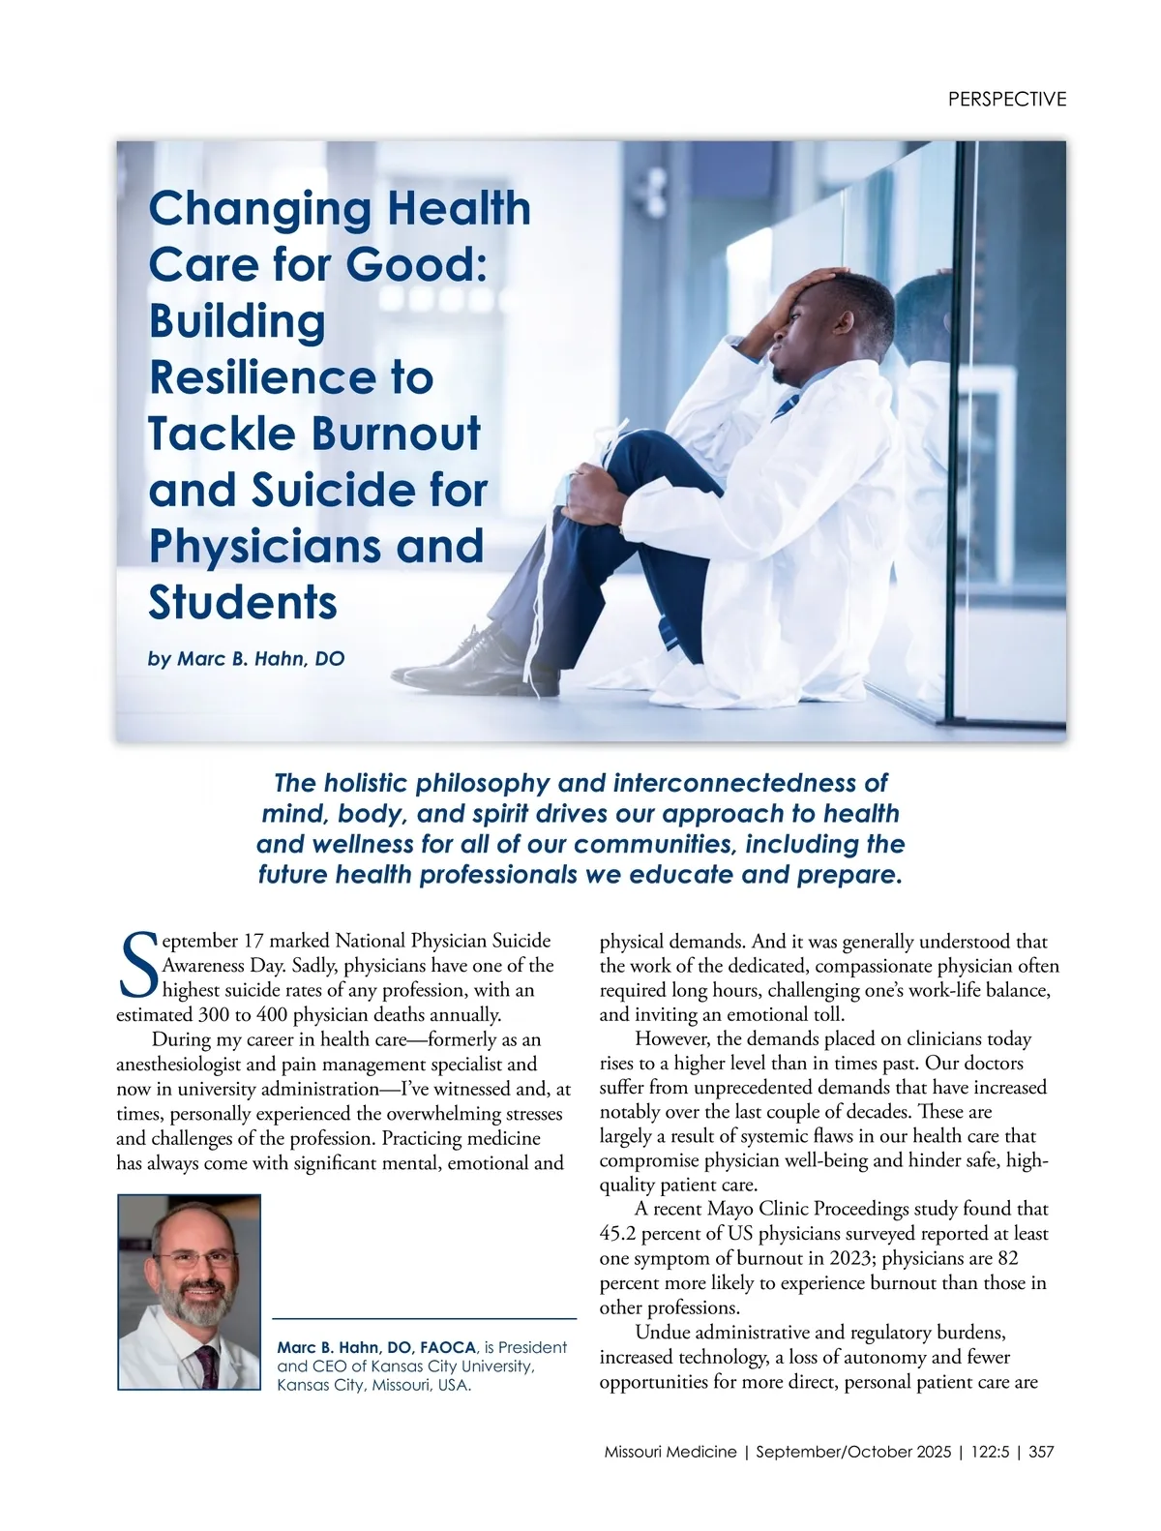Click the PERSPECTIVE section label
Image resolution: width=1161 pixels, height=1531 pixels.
[x=1006, y=99]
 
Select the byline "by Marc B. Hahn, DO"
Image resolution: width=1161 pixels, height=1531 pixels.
[x=246, y=659]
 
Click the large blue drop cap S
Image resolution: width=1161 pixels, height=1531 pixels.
[x=137, y=965]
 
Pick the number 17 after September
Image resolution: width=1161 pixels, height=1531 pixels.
[x=252, y=941]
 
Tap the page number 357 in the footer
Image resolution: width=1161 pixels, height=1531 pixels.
[x=1041, y=1452]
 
